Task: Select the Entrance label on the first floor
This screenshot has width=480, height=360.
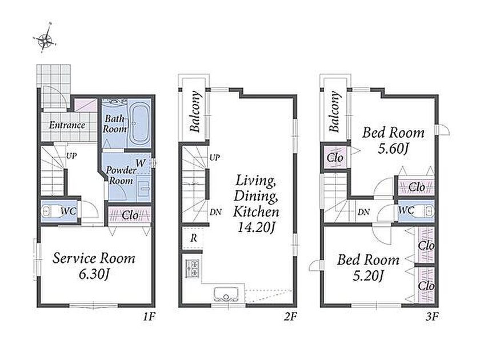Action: pyautogui.click(x=67, y=125)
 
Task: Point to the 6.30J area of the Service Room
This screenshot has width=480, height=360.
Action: pyautogui.click(x=94, y=274)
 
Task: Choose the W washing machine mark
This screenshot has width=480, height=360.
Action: pyautogui.click(x=141, y=163)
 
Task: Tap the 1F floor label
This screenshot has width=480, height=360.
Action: pyautogui.click(x=149, y=317)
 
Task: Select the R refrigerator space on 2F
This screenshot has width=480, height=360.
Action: pyautogui.click(x=193, y=238)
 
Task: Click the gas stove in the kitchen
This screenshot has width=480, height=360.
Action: pyautogui.click(x=192, y=268)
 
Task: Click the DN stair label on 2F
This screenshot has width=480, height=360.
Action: pyautogui.click(x=216, y=212)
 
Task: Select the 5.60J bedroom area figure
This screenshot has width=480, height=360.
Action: pyautogui.click(x=393, y=149)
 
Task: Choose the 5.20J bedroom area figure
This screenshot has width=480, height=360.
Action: pyautogui.click(x=368, y=276)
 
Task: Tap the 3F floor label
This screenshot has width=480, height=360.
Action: pyautogui.click(x=432, y=317)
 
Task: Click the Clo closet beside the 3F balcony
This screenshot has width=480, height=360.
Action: pyautogui.click(x=335, y=158)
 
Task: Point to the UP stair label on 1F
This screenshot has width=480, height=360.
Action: pyautogui.click(x=71, y=156)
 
